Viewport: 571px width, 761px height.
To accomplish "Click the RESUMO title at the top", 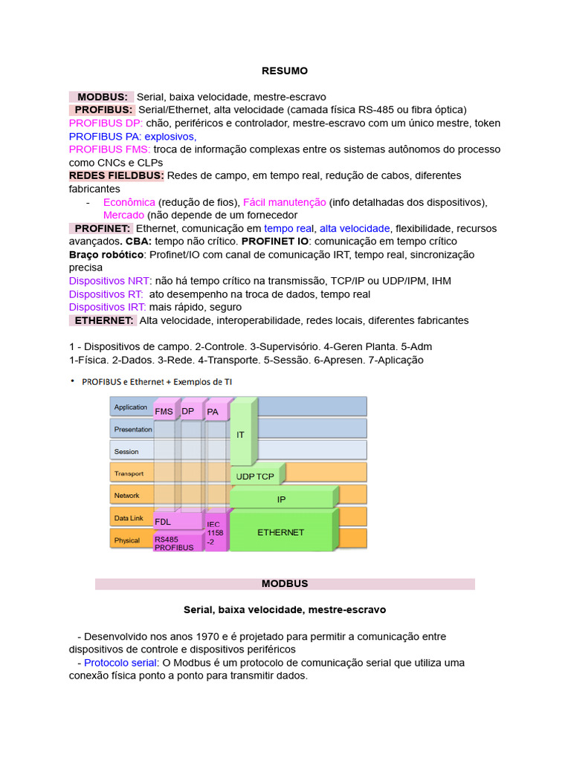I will tap(285, 71).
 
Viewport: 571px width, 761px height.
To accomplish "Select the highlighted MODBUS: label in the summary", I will tap(102, 97).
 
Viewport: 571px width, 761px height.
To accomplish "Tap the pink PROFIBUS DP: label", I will tap(106, 123).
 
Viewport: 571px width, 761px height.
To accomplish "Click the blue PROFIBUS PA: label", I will tap(105, 137).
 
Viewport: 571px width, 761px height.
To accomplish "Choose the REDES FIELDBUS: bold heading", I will tap(116, 175).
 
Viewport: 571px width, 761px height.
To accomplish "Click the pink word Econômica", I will tap(129, 202).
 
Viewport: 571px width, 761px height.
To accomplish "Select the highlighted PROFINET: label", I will tap(102, 228).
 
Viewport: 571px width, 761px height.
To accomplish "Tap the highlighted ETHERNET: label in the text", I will tap(103, 320).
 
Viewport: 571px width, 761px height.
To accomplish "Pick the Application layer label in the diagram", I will tap(131, 407).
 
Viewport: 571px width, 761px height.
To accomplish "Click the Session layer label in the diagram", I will tap(126, 451).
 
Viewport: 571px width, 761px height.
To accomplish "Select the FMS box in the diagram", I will tap(164, 411).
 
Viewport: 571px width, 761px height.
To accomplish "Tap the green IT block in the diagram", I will tap(241, 434).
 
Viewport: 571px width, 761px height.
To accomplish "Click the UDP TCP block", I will tap(254, 476).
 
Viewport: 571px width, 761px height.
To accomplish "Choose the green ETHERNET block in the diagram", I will tap(280, 532).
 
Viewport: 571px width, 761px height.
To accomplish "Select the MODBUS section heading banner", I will tap(285, 584).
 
